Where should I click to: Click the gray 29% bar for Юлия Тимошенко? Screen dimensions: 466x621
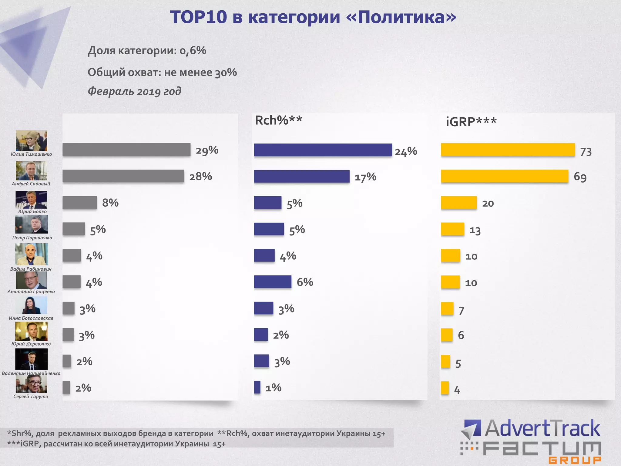pyautogui.click(x=126, y=150)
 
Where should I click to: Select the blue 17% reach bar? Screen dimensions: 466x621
pyautogui.click(x=301, y=176)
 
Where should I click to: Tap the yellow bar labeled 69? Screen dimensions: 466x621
pyautogui.click(x=504, y=176)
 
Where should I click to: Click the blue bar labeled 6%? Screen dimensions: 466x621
pyautogui.click(x=272, y=282)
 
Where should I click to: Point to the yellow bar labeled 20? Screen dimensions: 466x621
pyautogui.click(x=458, y=203)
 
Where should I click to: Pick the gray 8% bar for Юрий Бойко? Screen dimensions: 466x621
pyautogui.click(x=79, y=203)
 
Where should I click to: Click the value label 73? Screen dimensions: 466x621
pyautogui.click(x=586, y=152)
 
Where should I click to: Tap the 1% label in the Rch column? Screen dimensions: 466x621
pyautogui.click(x=273, y=388)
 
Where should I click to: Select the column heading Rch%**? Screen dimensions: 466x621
pyautogui.click(x=278, y=120)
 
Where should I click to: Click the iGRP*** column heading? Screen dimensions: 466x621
pyautogui.click(x=471, y=122)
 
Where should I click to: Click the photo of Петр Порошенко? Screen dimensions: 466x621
pyautogui.click(x=32, y=225)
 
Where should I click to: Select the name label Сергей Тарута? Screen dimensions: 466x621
pyautogui.click(x=31, y=397)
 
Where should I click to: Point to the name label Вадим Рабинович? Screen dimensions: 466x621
pyautogui.click(x=31, y=269)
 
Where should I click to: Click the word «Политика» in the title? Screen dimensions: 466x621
pyautogui.click(x=401, y=17)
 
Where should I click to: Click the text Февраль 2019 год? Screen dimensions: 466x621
pyautogui.click(x=134, y=91)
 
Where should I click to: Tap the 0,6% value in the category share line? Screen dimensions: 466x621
pyautogui.click(x=193, y=50)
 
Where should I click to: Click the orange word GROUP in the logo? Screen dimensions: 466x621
pyautogui.click(x=575, y=460)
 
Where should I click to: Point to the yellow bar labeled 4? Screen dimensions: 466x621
pyautogui.click(x=445, y=388)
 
